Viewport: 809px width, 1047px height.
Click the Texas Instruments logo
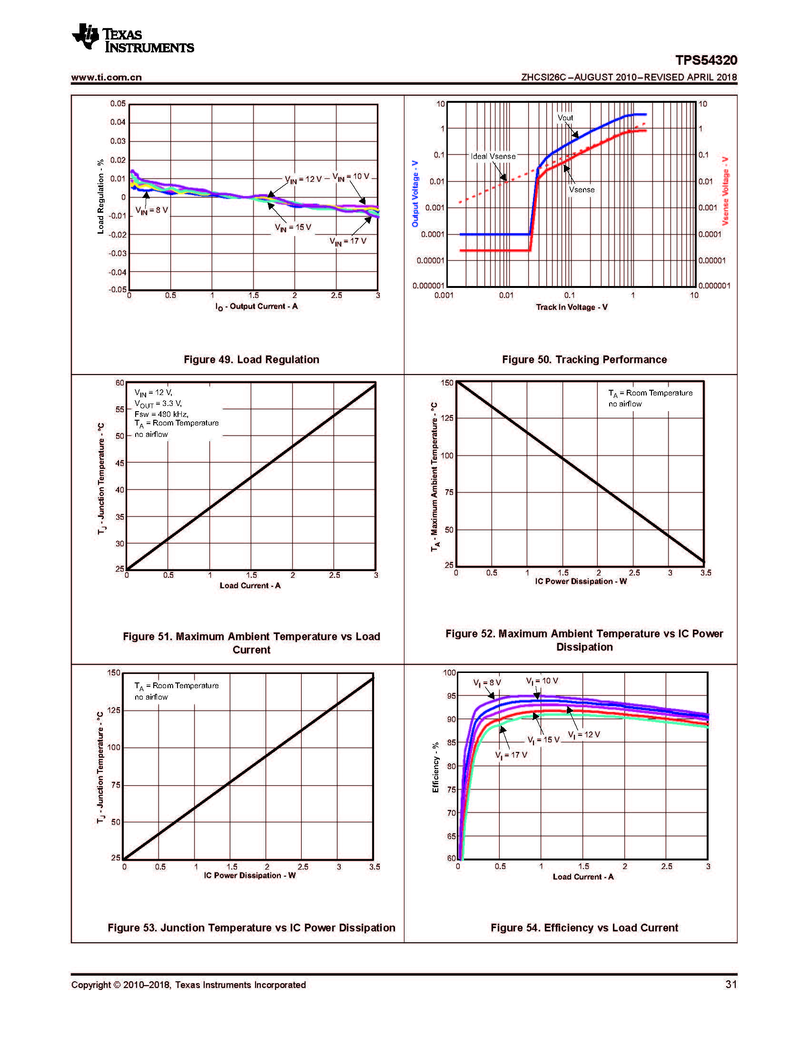click(133, 38)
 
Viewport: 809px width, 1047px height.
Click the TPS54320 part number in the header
click(706, 60)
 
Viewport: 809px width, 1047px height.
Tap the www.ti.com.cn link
click(107, 77)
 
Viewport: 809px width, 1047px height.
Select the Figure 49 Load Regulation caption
click(251, 359)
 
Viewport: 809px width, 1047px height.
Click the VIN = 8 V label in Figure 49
click(151, 210)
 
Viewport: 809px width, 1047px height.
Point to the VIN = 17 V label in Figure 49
click(347, 241)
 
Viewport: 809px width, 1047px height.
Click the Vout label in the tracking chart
click(565, 118)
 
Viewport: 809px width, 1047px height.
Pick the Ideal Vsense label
click(493, 156)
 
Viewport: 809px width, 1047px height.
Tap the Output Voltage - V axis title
click(415, 194)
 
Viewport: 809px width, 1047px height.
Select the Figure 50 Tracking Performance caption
click(584, 359)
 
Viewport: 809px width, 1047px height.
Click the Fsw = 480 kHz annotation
click(161, 414)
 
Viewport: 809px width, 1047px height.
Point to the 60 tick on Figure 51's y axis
click(119, 383)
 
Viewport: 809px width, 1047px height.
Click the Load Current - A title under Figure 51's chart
click(250, 585)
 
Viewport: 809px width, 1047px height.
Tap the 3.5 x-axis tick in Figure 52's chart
click(705, 573)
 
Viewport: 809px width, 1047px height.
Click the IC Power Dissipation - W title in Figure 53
click(249, 875)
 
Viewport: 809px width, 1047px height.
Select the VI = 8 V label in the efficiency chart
click(487, 682)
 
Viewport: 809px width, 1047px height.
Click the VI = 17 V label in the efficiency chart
click(511, 755)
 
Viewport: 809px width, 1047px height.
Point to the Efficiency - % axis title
click(435, 768)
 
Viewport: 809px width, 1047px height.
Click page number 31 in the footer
click(731, 984)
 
